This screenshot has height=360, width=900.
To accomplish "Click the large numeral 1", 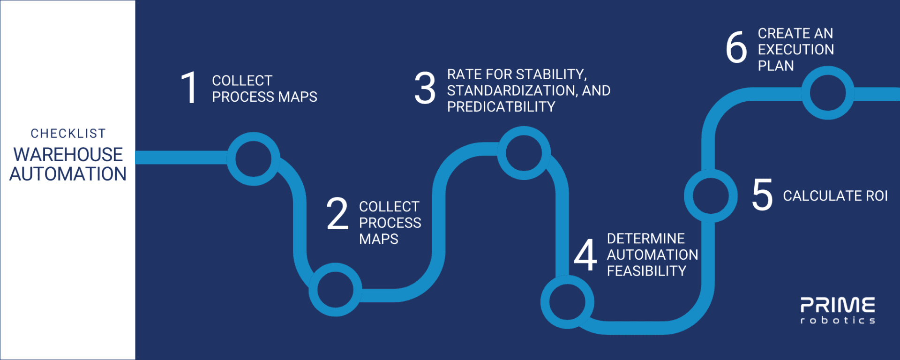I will point(189,88).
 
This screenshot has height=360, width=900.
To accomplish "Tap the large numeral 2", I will point(337,214).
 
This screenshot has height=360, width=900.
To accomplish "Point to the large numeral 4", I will point(585,255).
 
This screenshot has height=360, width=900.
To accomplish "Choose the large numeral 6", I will point(736,47).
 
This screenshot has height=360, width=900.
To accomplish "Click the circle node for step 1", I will point(253,158).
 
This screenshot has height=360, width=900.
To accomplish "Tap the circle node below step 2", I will point(335,289).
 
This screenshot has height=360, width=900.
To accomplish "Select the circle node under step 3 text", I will point(524,153).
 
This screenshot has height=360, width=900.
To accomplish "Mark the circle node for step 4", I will point(567,302).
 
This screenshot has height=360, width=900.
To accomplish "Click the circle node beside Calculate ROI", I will point(711,195).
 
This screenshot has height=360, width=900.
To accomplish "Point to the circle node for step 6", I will point(828,93).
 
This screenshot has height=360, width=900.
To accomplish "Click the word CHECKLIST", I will point(68,134).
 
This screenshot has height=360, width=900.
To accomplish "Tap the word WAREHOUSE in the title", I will point(68,155).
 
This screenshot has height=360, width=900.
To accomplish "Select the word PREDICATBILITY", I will point(501,107).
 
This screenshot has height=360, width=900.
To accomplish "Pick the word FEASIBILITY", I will point(646,271).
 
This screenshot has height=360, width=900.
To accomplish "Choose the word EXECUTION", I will point(796,50).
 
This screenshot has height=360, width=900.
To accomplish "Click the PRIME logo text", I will point(837,305).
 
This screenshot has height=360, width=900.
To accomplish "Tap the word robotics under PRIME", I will point(837,321).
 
